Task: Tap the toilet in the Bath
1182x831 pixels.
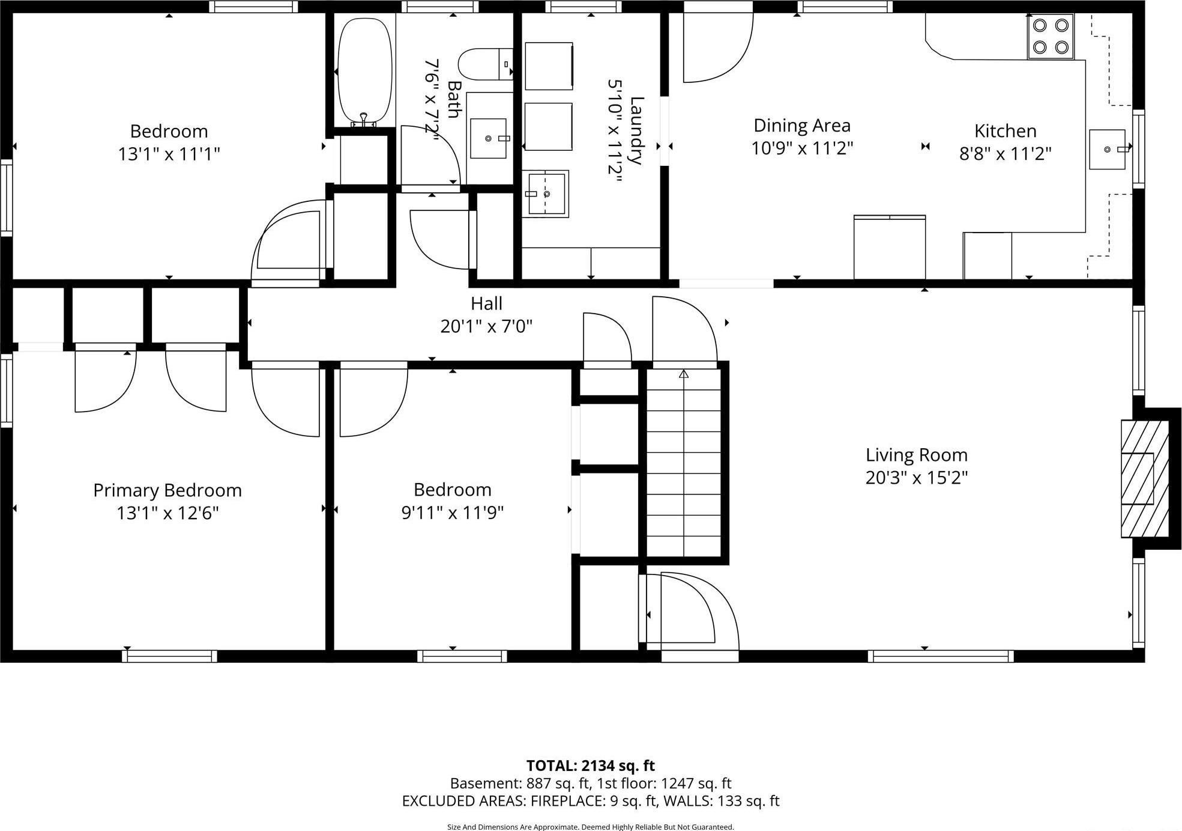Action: point(484,64)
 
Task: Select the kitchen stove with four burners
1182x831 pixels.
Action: point(1051,36)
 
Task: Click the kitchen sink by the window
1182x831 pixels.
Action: point(1107,149)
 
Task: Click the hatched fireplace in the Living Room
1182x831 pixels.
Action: point(1144,478)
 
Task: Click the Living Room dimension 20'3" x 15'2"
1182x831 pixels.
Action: point(916,478)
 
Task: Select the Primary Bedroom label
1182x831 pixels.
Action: point(167,490)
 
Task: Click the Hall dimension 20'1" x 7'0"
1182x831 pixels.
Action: point(486,326)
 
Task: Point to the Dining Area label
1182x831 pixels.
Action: point(801,126)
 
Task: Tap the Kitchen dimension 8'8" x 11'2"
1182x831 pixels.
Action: point(1005,154)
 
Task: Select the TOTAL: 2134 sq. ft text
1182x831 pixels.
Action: point(590,766)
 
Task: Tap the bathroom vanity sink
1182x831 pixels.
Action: point(488,138)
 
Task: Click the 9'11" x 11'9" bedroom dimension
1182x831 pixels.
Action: point(452,513)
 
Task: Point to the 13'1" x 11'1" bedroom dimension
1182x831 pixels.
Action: point(169,154)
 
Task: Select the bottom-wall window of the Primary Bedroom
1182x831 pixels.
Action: point(170,656)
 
